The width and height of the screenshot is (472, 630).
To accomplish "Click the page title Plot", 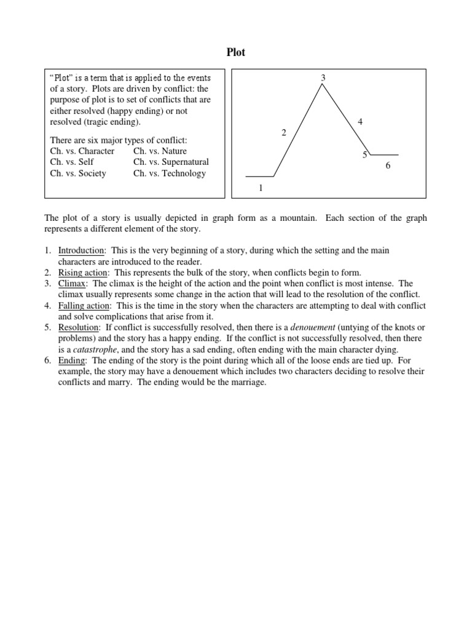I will (x=235, y=52).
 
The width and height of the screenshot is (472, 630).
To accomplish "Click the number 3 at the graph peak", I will (x=323, y=77).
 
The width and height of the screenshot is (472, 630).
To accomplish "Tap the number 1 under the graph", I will (x=261, y=188).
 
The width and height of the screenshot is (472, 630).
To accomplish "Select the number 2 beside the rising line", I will (x=284, y=132).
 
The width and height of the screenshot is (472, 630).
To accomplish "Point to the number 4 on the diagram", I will (x=360, y=122).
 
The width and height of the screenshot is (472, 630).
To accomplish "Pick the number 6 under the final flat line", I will (x=388, y=165).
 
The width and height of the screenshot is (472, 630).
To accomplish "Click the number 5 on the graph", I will (x=364, y=154).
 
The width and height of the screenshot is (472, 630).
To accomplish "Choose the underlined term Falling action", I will (x=84, y=306).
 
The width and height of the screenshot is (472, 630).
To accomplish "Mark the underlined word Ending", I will (x=72, y=361).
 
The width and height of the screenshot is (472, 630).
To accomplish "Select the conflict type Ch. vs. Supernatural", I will (x=171, y=162).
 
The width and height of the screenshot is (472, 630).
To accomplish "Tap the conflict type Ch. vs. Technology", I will (x=170, y=173).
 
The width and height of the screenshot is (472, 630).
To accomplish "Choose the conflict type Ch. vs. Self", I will (x=72, y=162).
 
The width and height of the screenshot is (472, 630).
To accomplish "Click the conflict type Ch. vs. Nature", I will (x=160, y=151).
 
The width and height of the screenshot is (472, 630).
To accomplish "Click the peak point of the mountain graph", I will (x=322, y=85).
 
